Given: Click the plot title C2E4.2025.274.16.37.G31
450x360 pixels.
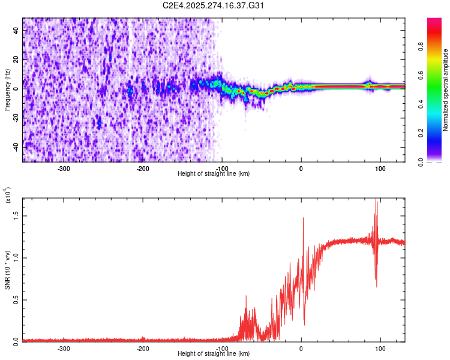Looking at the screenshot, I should coord(214,5).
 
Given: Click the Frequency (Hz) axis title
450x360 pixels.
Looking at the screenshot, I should coord(7,89).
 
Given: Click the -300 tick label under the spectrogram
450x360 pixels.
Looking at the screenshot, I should coord(64,169).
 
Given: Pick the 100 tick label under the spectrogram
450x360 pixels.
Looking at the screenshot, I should coord(380,169).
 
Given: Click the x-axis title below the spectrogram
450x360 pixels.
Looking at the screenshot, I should coord(214,174).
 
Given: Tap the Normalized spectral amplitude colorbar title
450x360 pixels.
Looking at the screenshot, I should coord(446,90).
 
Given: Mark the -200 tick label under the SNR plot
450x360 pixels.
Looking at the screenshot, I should coord(143,349).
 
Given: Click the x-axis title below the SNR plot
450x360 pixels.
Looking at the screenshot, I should coord(214,354).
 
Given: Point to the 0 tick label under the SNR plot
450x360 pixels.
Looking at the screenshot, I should coord(301,349).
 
